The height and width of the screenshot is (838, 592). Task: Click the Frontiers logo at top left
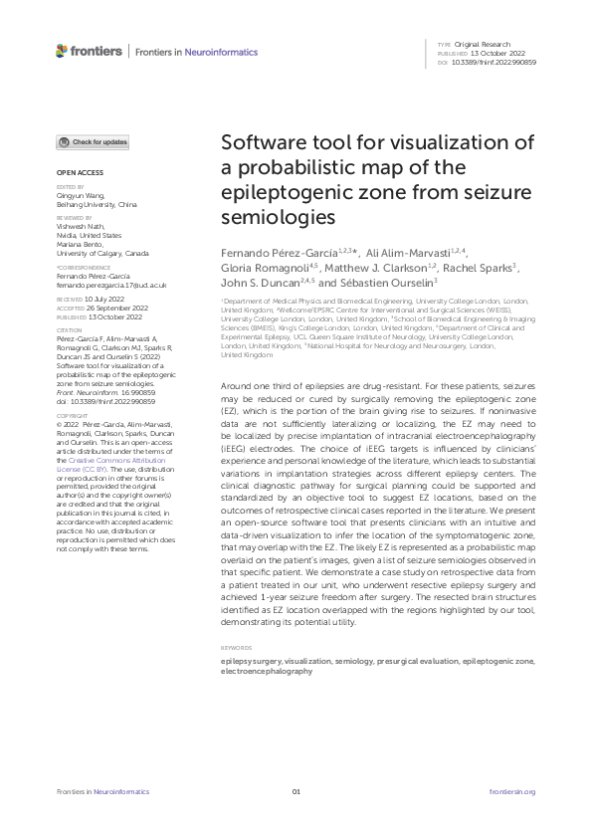point(90,51)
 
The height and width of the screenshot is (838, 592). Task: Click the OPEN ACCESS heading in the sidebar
point(76,172)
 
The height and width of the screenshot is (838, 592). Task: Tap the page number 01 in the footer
point(296,791)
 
